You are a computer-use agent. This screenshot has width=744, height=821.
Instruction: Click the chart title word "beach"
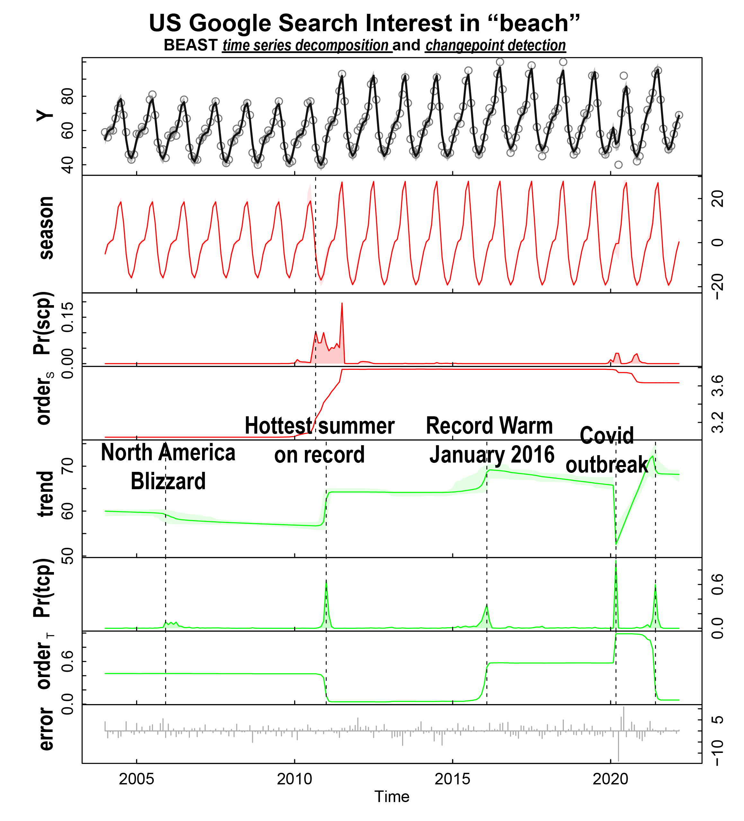point(534,23)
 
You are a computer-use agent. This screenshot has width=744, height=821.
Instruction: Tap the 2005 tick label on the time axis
point(137,779)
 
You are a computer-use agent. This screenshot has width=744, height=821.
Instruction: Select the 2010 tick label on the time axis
point(295,779)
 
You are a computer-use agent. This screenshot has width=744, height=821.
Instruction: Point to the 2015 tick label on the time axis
point(452,779)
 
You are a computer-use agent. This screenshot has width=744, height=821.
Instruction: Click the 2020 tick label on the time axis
point(610,779)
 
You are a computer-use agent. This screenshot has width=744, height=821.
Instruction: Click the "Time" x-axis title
point(392,797)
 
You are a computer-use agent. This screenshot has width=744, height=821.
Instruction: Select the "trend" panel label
point(46,494)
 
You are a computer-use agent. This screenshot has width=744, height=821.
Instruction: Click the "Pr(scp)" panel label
point(43,324)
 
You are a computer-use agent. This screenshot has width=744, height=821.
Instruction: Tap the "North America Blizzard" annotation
point(168,467)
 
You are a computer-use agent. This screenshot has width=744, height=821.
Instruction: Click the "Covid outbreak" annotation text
point(607,450)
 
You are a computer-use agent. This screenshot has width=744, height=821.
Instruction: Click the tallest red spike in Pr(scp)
point(342,304)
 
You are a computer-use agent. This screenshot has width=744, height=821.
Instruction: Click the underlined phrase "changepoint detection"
point(496,45)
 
